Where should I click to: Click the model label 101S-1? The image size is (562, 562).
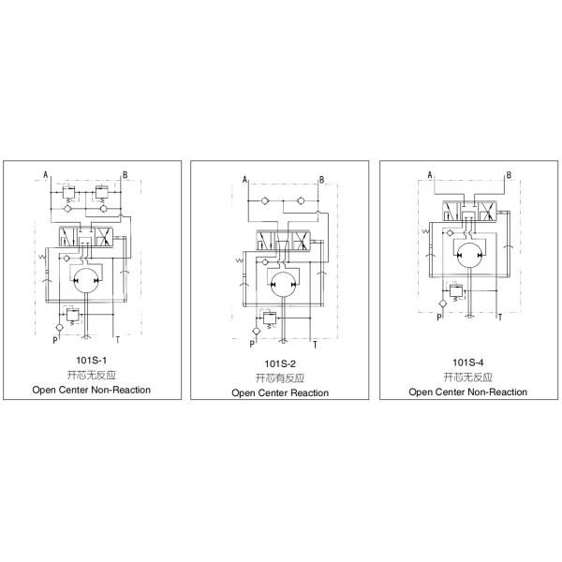pyautogui.click(x=91, y=360)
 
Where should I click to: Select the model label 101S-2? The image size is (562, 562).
pyautogui.click(x=280, y=363)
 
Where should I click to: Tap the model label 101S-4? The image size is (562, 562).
pyautogui.click(x=467, y=362)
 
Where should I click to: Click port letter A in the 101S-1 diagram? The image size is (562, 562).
pyautogui.click(x=46, y=175)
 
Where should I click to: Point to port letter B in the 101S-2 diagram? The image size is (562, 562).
pyautogui.click(x=321, y=180)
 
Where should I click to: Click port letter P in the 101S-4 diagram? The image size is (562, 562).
pyautogui.click(x=438, y=317)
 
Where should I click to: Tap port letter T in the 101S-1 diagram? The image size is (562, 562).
pyautogui.click(x=118, y=339)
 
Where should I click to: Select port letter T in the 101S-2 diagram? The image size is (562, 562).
pyautogui.click(x=315, y=345)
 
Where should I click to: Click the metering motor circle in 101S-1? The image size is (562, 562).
pyautogui.click(x=86, y=281)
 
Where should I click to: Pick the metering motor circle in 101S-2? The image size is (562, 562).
pyautogui.click(x=284, y=285)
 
